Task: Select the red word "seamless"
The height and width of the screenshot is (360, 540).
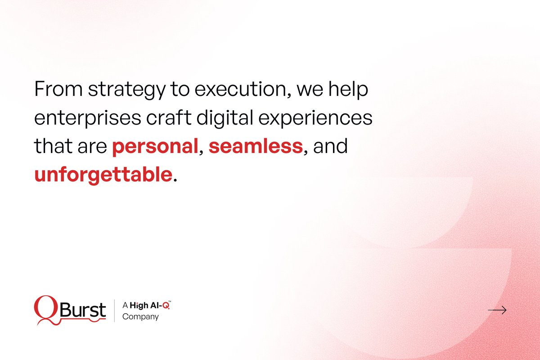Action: tap(255, 147)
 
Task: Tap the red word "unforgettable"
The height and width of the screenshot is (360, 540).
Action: tap(103, 175)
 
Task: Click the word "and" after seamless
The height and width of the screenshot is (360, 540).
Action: tap(331, 147)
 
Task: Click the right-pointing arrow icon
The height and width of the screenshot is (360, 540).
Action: tap(497, 310)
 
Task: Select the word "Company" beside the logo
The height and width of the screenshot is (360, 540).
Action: tap(140, 317)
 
